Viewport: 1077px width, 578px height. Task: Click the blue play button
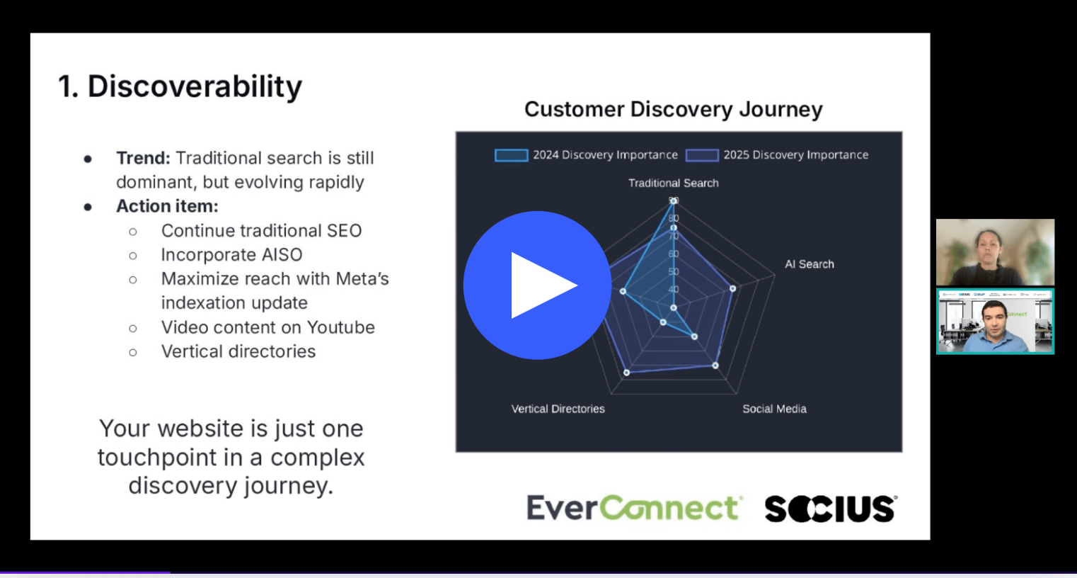point(537,285)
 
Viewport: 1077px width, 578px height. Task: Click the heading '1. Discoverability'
point(180,86)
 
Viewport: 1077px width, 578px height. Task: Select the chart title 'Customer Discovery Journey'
point(673,109)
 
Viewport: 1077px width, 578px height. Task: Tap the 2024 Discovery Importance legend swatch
point(511,155)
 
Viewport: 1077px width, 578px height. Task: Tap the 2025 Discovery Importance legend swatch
point(701,155)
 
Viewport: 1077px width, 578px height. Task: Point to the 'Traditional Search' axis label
point(673,183)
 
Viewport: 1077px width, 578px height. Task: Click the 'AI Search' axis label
point(809,264)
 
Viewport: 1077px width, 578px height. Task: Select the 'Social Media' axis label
point(774,409)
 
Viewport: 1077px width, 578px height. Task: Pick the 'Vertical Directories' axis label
point(558,409)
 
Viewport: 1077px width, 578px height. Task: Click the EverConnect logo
point(633,508)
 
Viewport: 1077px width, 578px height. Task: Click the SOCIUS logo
point(830,509)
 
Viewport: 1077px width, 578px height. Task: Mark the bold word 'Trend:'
point(143,158)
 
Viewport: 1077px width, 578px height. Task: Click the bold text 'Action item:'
point(167,206)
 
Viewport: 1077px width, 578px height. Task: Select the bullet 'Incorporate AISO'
point(231,254)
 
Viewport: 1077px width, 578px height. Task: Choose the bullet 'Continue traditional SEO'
point(261,230)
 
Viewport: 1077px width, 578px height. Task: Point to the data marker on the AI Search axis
point(732,288)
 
